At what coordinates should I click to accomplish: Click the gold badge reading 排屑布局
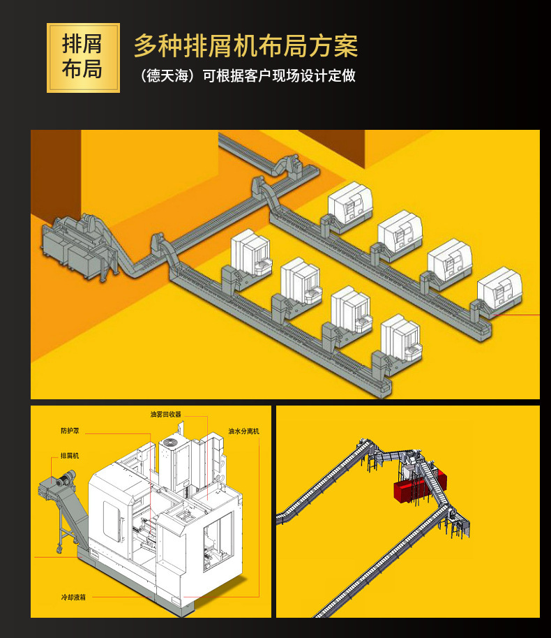(x=84, y=58)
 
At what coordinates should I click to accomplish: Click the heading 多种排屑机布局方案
(x=246, y=45)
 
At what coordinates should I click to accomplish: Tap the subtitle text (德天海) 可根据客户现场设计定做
(x=248, y=75)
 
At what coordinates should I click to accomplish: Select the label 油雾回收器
(x=165, y=414)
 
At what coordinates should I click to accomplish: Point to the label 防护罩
(x=70, y=431)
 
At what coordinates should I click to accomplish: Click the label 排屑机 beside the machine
(x=70, y=456)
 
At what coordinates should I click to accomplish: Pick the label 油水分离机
(x=243, y=431)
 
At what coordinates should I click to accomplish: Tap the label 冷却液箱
(x=73, y=598)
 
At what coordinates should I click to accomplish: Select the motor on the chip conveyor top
(x=66, y=477)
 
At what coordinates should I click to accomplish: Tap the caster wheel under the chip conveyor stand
(x=59, y=549)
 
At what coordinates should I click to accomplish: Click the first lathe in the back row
(x=350, y=205)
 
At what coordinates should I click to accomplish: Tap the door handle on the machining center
(x=121, y=529)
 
